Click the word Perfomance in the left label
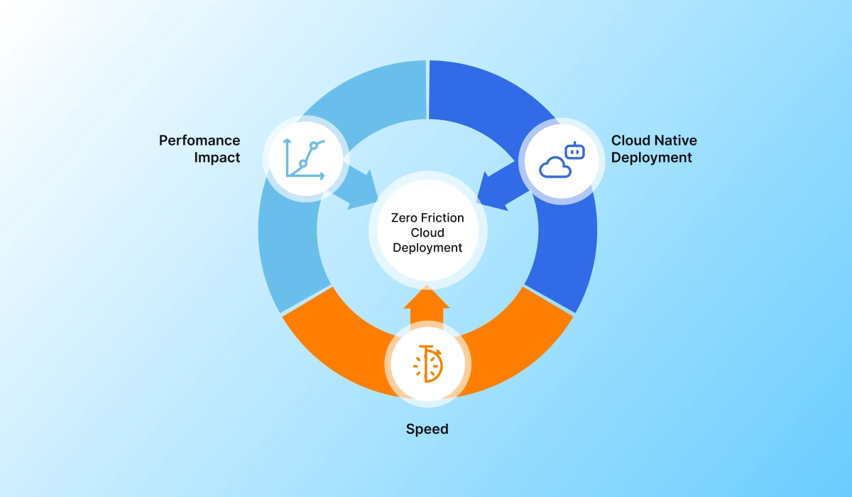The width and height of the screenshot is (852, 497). point(200,141)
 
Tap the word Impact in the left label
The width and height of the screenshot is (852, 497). point(217,158)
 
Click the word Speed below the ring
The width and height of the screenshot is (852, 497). point(427,430)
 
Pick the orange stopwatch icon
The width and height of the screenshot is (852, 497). point(427,364)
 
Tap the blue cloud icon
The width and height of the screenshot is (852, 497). point(555,168)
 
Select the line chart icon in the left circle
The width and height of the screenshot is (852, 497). point(305,158)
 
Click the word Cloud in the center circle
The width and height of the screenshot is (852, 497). point(427,233)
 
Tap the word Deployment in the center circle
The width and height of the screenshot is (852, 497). point(427,248)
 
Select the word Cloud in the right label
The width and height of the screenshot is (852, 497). point(630,141)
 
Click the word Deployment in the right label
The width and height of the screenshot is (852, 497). point(651,158)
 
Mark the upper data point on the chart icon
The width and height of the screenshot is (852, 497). point(313,146)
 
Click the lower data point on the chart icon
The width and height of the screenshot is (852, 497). point(302,164)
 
